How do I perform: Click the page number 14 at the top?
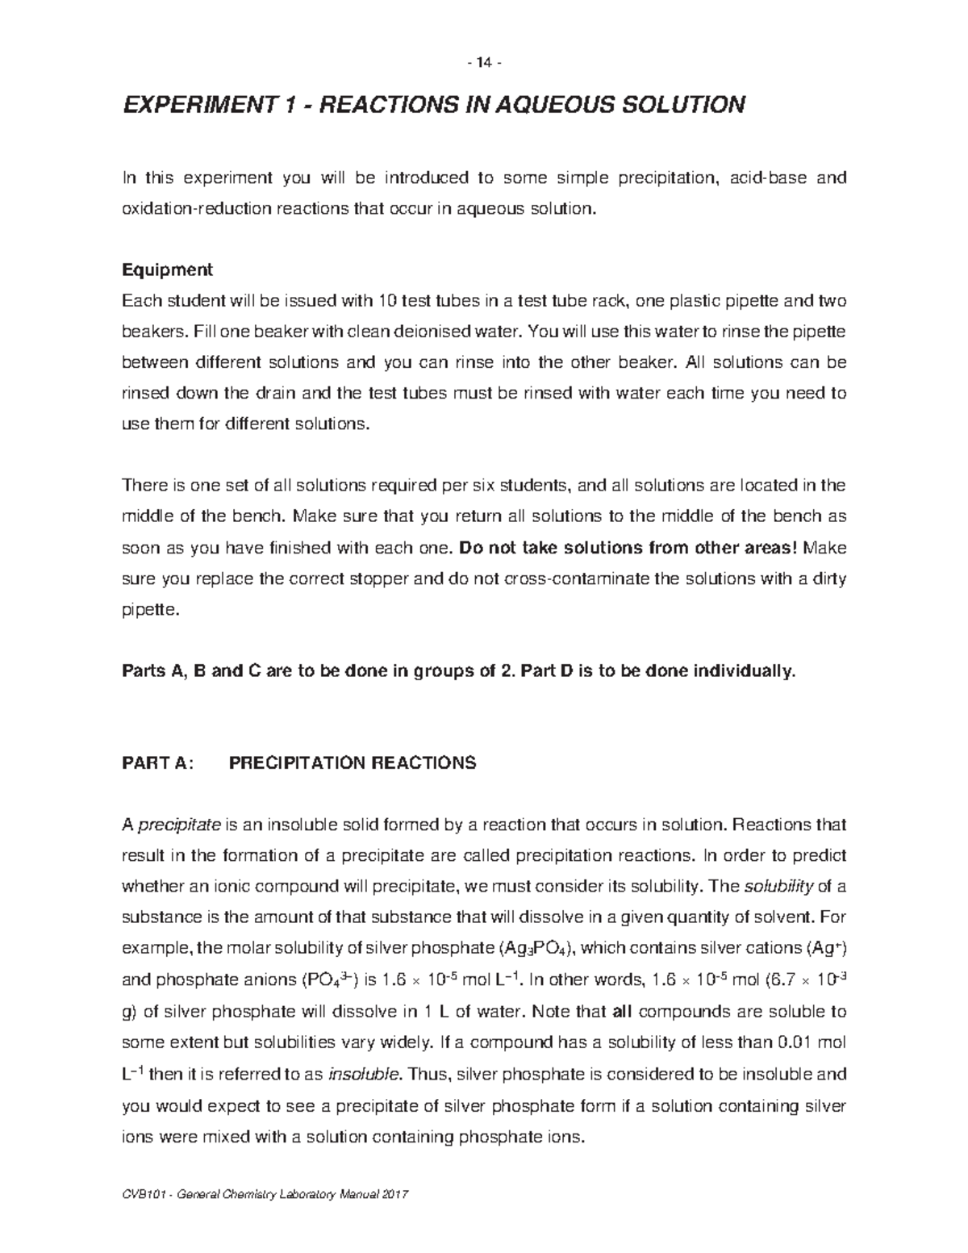[484, 62]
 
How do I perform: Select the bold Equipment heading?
[167, 269]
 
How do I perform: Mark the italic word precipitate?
[180, 825]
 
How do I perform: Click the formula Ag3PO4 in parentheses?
[536, 949]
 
